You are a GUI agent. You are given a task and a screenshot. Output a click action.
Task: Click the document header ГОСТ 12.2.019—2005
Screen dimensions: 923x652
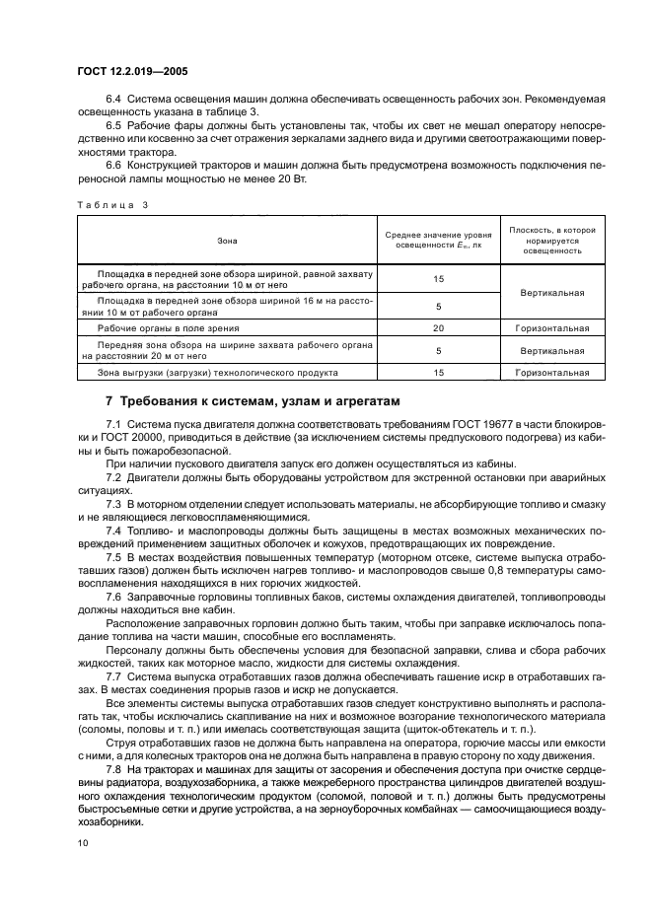pyautogui.click(x=132, y=71)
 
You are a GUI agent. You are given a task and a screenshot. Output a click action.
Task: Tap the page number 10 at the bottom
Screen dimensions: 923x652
pyautogui.click(x=84, y=843)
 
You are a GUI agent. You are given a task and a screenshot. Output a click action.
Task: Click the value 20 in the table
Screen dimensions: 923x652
pyautogui.click(x=438, y=328)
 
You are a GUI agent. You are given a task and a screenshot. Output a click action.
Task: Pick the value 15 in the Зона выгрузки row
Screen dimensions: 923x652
pyautogui.click(x=438, y=374)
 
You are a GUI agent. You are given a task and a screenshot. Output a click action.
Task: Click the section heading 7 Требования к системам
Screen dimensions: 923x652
pyautogui.click(x=253, y=401)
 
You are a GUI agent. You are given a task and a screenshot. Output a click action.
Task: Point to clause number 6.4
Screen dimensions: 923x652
pyautogui.click(x=112, y=101)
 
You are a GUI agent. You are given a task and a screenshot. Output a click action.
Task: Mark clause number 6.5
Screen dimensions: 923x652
pyautogui.click(x=112, y=126)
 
